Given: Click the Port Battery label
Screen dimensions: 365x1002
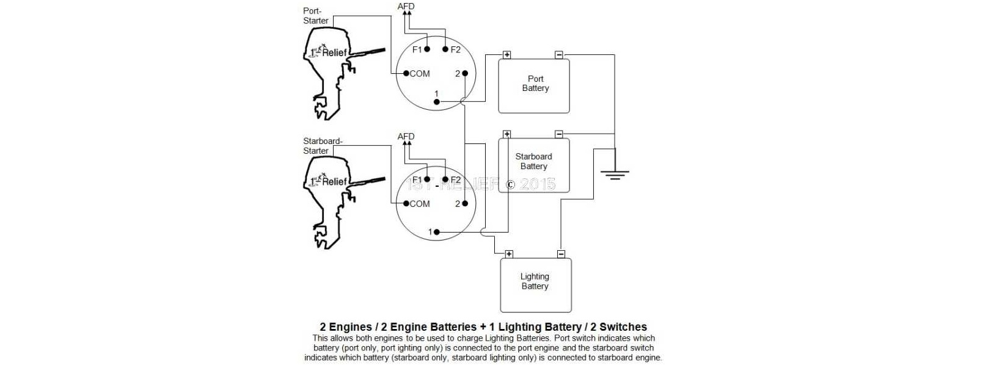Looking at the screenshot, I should point(535,84).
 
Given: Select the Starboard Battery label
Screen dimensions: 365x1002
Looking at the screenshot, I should point(533,161).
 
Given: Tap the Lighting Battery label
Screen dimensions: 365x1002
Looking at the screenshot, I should point(535,281).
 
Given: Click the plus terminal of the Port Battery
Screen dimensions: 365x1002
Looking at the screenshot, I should point(506,55).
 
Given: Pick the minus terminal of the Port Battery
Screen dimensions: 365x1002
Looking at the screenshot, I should point(558,55).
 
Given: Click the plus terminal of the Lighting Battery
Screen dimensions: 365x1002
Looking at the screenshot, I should point(509,254).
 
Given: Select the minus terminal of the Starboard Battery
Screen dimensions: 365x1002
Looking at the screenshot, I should point(558,134).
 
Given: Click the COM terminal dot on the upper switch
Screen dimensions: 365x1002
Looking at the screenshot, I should point(406,73).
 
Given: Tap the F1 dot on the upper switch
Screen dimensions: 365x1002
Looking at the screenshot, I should point(427,49).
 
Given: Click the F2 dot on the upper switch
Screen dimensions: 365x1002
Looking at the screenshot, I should point(445,49).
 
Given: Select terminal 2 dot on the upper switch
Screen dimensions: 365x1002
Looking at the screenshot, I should point(465,73).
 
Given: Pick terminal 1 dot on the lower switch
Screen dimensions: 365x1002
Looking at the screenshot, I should point(436,232).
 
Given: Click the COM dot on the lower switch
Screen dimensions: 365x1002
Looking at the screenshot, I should point(406,203).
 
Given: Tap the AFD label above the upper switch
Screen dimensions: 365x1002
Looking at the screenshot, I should point(406,7).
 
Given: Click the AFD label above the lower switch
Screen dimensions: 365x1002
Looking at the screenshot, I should point(406,136).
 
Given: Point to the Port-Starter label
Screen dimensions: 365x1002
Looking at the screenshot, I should point(315,16).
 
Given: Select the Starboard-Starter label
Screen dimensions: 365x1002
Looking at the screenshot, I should point(322,146).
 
